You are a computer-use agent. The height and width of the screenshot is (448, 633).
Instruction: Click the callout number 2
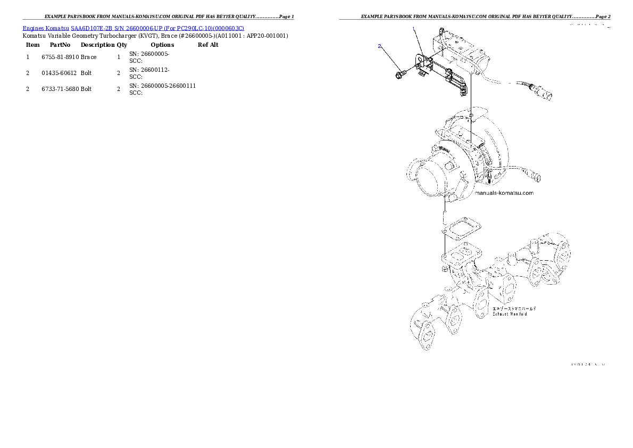[379, 46]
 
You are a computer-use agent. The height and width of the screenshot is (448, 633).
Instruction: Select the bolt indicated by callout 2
[399, 73]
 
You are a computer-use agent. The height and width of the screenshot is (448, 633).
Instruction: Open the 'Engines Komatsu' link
[46, 28]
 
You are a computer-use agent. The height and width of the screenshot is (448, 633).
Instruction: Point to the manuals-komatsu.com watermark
[504, 193]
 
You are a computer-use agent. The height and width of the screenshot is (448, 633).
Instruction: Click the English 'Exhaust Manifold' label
[510, 314]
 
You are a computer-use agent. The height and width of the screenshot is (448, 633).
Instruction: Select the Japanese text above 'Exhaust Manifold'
[514, 308]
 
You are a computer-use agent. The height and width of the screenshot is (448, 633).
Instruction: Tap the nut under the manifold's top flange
[444, 270]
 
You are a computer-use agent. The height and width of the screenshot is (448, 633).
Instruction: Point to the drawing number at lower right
[588, 364]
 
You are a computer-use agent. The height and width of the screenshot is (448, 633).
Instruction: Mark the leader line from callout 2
[388, 59]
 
